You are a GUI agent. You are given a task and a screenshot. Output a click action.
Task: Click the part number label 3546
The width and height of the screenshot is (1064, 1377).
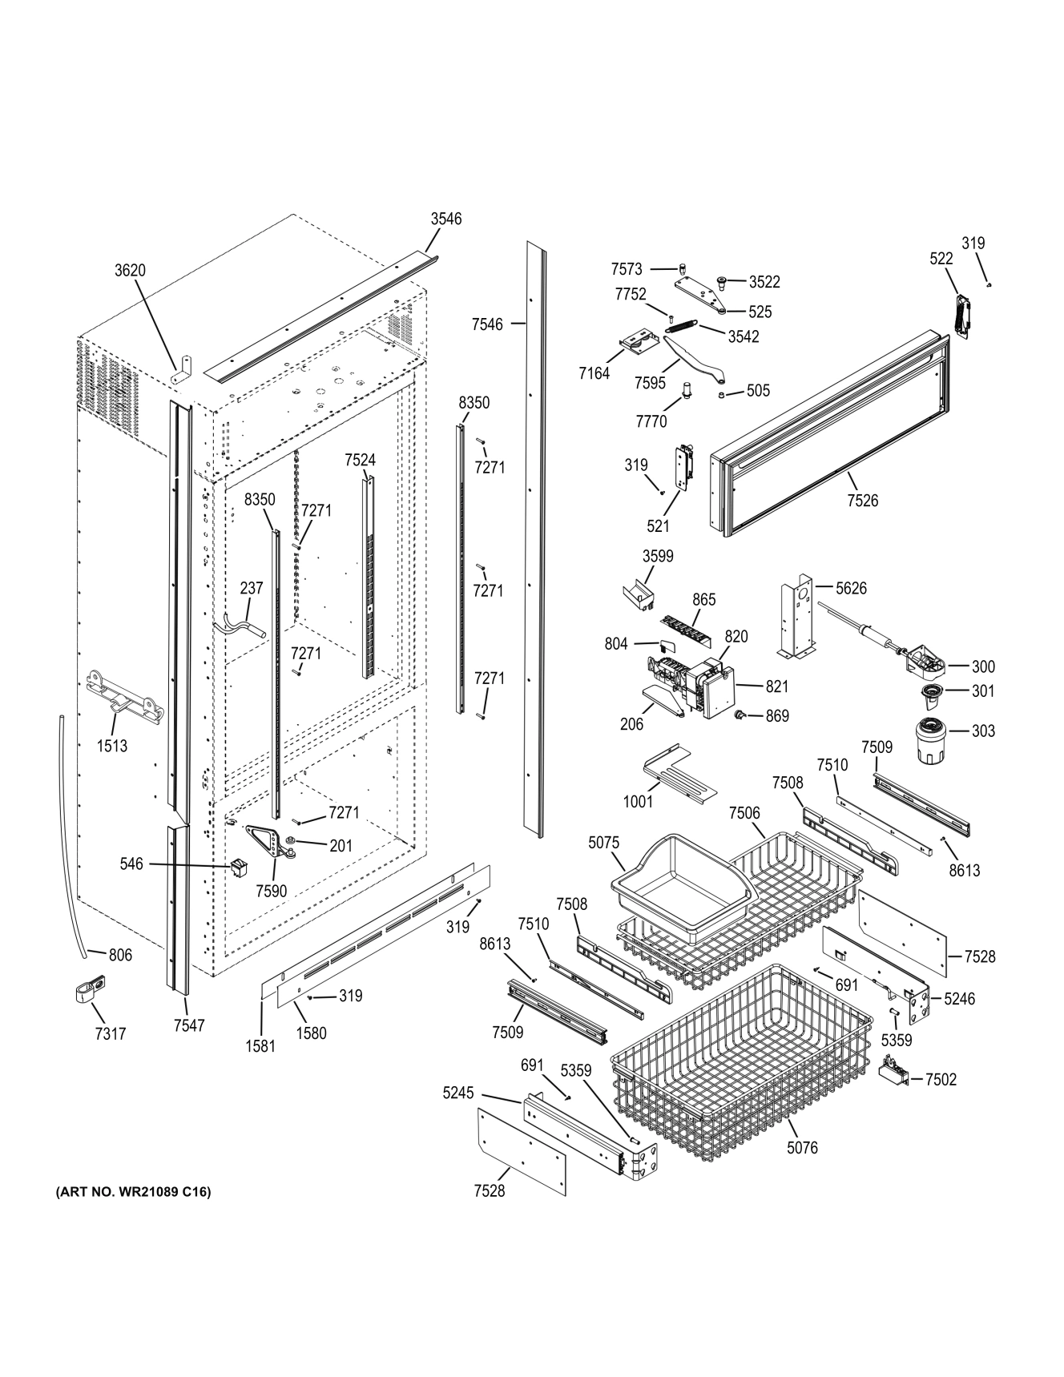pos(445,219)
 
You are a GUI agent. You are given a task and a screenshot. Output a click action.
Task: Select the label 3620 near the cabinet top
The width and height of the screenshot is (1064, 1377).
pos(130,270)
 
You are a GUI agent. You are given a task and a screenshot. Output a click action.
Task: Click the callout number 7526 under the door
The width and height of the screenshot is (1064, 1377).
pos(862,501)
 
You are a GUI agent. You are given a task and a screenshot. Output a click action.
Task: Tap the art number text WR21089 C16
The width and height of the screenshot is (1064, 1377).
pos(133,1192)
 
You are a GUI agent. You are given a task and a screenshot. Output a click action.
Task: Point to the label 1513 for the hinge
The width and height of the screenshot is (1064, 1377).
pos(112,746)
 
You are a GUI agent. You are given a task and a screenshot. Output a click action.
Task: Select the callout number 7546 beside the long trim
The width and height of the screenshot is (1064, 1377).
pos(487,324)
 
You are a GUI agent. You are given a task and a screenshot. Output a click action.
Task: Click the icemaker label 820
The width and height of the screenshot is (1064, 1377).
pos(736,636)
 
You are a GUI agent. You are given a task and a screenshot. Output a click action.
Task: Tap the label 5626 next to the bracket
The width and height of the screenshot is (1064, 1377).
pos(851,588)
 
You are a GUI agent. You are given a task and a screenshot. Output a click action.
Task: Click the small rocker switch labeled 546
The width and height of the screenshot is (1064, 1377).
pos(239,867)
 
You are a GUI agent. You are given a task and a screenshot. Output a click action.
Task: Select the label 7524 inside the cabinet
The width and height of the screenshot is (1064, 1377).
pos(360,460)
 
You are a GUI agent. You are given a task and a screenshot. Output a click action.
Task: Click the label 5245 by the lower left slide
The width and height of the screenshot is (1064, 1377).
pos(458,1093)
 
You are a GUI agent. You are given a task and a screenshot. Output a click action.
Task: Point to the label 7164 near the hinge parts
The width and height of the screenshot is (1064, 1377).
pos(594,373)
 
